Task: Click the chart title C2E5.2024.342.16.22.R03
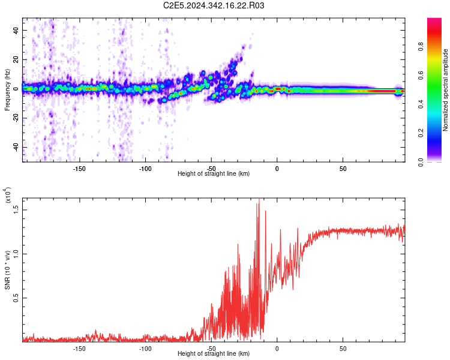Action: pos(214,6)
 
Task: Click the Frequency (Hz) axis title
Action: pos(7,90)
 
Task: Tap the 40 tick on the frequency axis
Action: pos(16,30)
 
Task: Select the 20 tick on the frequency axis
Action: pos(16,59)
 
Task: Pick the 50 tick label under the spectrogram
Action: pos(342,168)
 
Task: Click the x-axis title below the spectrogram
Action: pos(214,174)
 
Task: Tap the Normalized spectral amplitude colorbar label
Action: pos(446,90)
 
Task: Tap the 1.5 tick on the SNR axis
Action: pos(16,209)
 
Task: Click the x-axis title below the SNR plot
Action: pos(214,355)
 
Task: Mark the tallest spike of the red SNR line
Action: pos(259,199)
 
